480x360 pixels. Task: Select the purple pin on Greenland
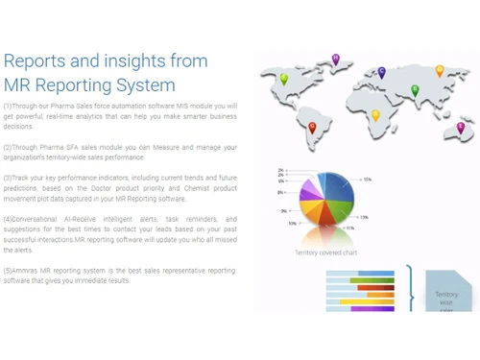pos(335,60)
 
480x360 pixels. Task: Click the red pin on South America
pos(312,126)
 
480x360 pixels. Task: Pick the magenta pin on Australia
pos(460,126)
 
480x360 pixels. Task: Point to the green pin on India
pos(415,89)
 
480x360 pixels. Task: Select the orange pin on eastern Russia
pos(440,70)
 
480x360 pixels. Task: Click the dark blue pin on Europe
pos(381,72)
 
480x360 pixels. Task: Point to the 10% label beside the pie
pos(292,223)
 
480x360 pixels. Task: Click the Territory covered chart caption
pos(325,252)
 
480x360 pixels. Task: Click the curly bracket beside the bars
pos(411,289)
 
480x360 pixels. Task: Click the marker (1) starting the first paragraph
pos(8,105)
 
